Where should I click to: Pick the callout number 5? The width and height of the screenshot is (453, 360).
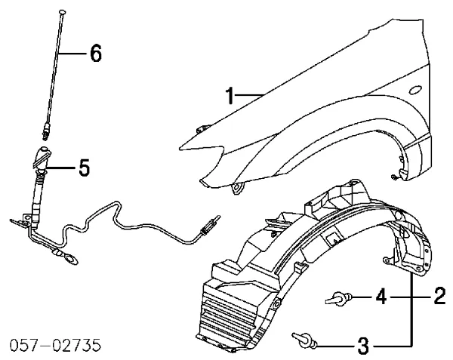tap(85, 168)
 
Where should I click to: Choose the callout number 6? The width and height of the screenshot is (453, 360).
tap(94, 54)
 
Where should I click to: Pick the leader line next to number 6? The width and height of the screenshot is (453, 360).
tap(72, 54)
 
